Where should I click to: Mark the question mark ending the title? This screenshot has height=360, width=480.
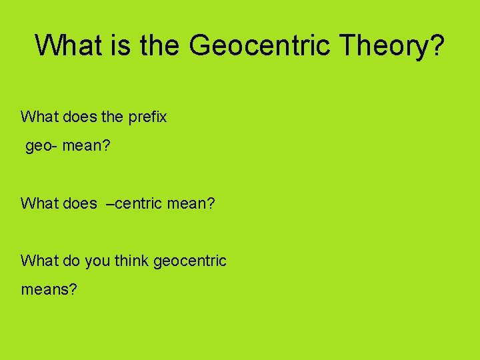point(437,45)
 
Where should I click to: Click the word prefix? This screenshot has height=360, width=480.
point(147,117)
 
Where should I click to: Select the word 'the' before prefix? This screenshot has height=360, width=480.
point(112,117)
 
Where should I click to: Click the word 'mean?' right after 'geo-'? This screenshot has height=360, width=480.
point(85,146)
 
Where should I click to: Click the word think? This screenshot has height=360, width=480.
point(131,261)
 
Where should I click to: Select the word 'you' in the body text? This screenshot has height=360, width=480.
point(97,261)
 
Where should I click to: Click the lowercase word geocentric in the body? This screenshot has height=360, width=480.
point(190,261)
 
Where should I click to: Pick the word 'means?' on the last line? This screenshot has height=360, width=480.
point(49,290)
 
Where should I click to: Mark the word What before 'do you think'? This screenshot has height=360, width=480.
point(39,261)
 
